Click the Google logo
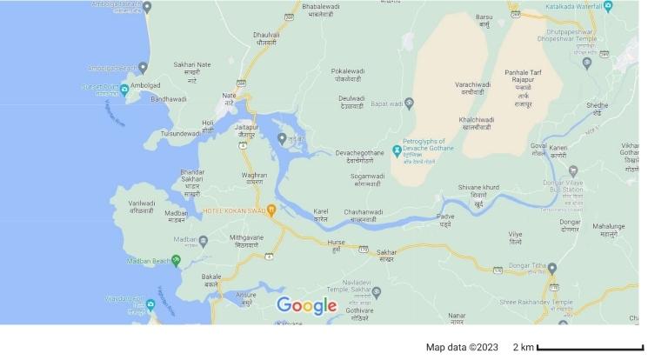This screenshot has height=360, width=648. (x=306, y=306)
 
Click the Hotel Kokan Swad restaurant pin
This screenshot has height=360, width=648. (x=271, y=210)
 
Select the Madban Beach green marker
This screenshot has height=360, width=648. (x=177, y=260)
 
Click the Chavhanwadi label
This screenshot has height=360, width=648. (x=357, y=215)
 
